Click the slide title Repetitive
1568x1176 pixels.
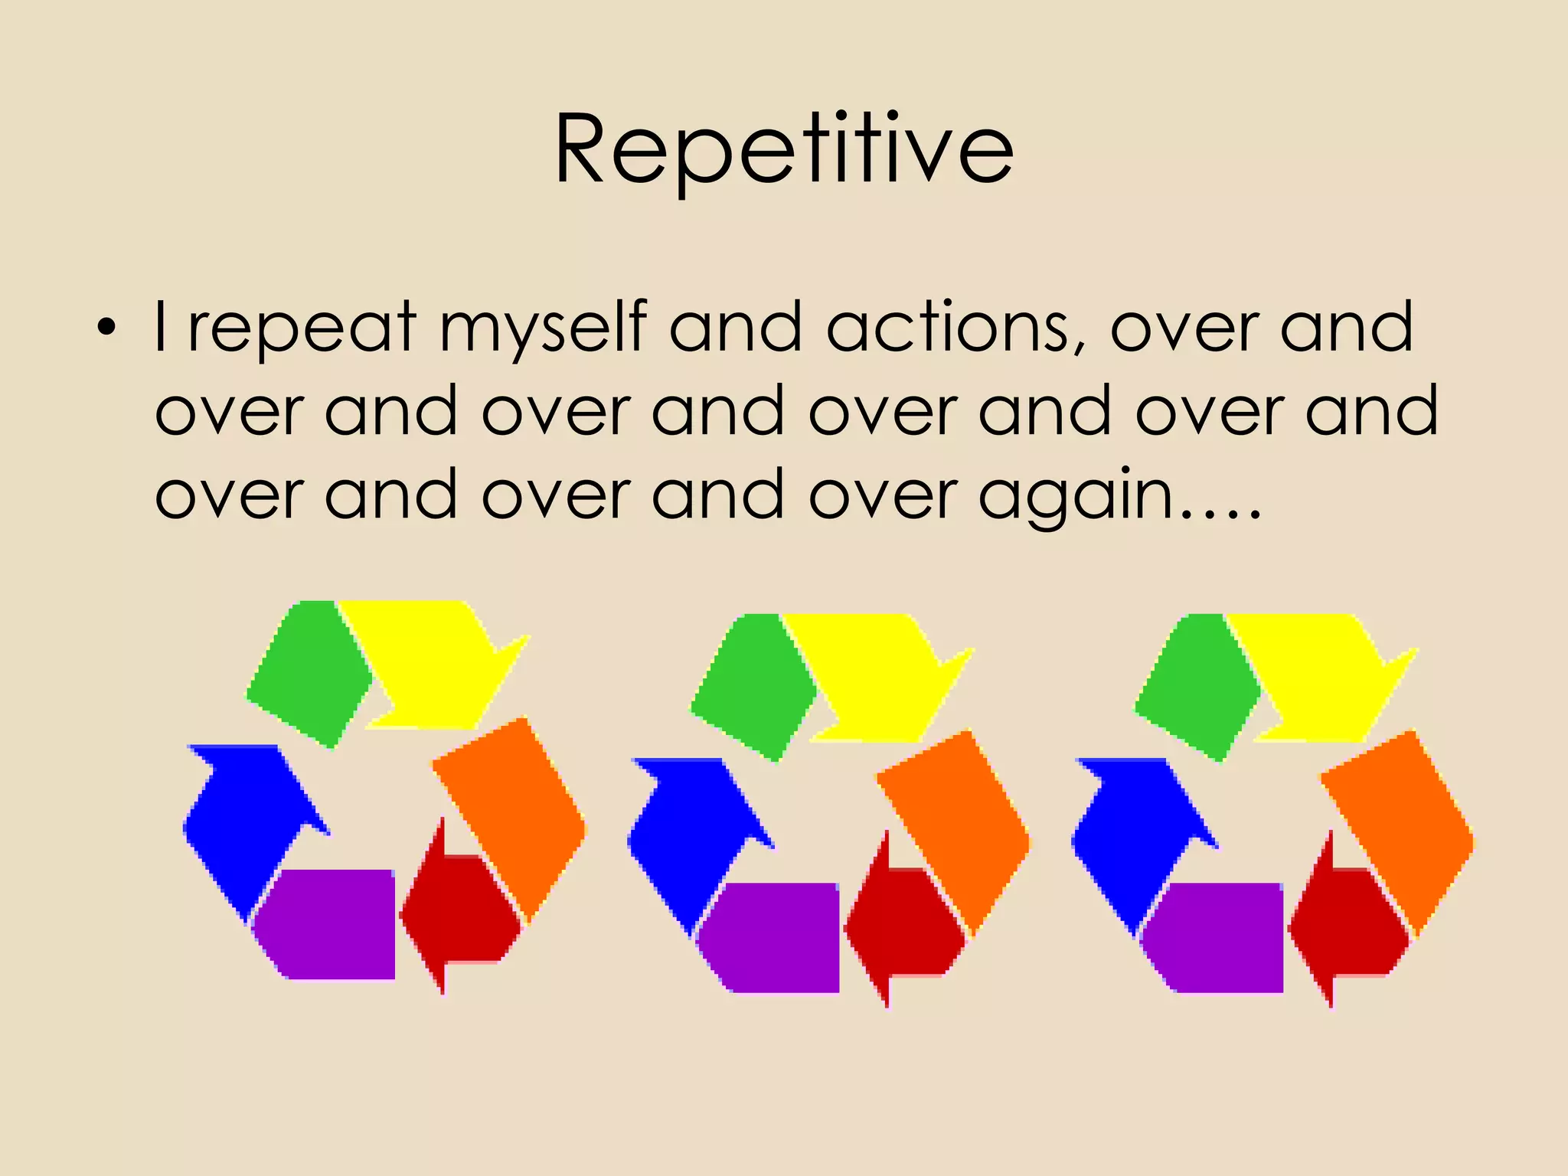coord(784,149)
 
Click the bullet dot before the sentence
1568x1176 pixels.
coord(106,329)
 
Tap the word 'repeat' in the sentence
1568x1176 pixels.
coord(302,329)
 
